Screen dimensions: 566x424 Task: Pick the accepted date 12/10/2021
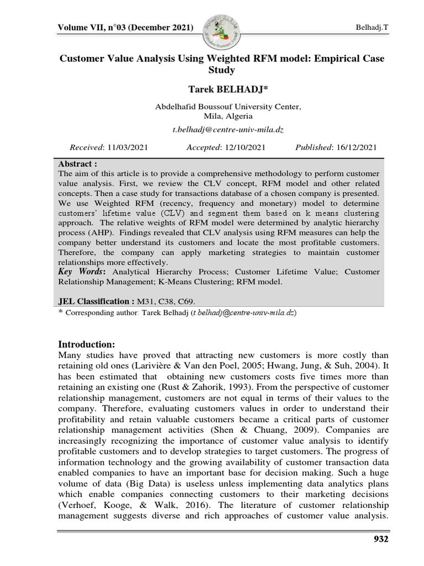[243, 147]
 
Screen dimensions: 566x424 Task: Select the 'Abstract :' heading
[78, 164]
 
